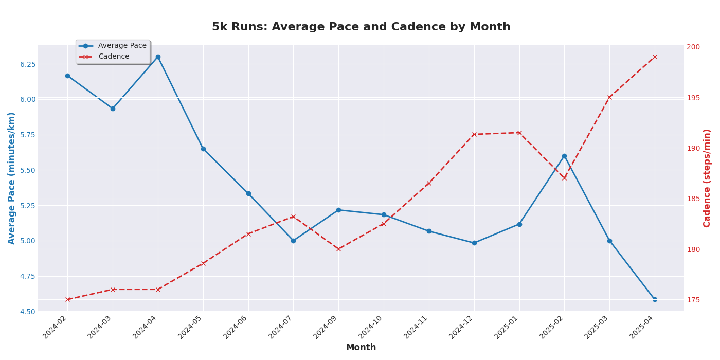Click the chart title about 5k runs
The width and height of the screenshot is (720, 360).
(x=361, y=27)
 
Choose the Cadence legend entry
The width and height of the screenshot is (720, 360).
(x=114, y=57)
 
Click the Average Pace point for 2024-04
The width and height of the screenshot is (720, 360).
(x=158, y=57)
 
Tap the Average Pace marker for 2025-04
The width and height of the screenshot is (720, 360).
(x=655, y=299)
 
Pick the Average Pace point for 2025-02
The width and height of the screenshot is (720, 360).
(x=564, y=156)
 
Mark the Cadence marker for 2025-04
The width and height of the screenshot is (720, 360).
(x=655, y=57)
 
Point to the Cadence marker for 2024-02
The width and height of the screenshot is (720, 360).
(x=67, y=299)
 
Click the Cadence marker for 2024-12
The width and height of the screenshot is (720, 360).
(x=474, y=134)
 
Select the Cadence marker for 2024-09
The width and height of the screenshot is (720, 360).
(x=338, y=249)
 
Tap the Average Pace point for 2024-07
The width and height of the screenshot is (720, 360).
(x=293, y=241)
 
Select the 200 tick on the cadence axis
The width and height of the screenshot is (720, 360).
(x=693, y=47)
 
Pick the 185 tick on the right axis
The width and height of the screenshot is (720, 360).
(x=693, y=199)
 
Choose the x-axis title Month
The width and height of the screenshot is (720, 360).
(x=361, y=348)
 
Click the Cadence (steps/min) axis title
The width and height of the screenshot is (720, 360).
(x=707, y=178)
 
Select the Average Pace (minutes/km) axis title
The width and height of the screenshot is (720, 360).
(x=12, y=178)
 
